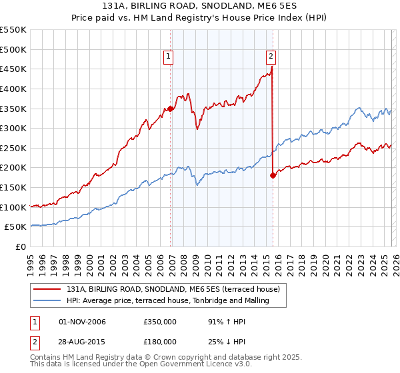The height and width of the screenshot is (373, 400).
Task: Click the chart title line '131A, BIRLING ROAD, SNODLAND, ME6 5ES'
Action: point(199,6)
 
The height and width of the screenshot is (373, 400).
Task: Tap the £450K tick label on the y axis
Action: point(13,69)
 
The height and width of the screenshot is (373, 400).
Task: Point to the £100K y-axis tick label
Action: point(13,207)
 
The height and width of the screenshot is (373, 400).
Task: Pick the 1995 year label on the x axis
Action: point(30,261)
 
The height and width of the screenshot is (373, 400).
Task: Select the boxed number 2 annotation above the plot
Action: point(271,57)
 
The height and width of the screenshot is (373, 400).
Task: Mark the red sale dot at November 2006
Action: point(170,109)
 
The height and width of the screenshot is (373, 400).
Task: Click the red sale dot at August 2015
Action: point(273,176)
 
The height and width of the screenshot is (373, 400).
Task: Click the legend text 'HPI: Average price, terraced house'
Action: point(167,300)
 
